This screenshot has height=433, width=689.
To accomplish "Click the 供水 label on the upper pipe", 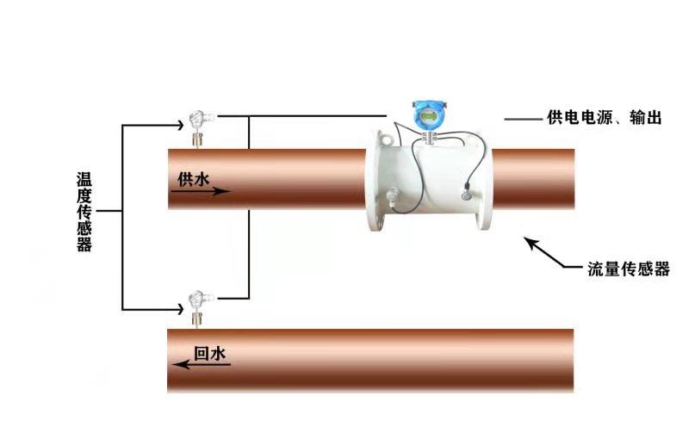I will click(193, 178).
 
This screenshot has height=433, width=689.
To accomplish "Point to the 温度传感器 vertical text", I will click(84, 212).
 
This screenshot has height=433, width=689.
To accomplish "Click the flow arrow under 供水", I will click(200, 191).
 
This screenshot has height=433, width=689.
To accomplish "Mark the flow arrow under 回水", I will click(202, 365).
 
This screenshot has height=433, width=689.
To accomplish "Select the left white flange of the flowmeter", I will click(376, 180).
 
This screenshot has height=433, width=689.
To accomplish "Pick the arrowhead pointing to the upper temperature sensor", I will click(176, 126).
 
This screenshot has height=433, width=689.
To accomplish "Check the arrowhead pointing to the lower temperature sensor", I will click(176, 308).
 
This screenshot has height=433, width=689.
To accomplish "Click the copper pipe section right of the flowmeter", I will click(534, 180).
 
